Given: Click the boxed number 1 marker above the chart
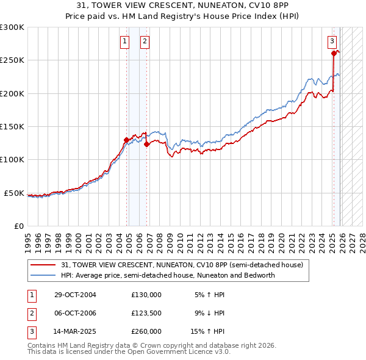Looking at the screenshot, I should point(124,41).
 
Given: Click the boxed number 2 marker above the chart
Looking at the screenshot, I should point(145,41).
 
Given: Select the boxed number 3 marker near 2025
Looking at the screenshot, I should point(332,41).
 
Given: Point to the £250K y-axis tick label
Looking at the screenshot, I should point(12,60).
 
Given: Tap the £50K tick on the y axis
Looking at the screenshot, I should point(14,193).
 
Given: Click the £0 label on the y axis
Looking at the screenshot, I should point(19,226).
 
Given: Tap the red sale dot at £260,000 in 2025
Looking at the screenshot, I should point(334,54).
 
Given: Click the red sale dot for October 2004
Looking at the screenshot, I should point(126,140).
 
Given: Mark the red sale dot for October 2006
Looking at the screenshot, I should point(146,145).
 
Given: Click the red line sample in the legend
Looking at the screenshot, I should point(43,265).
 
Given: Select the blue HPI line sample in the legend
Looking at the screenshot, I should point(43,275).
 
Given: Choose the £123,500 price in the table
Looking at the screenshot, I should point(146,313).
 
